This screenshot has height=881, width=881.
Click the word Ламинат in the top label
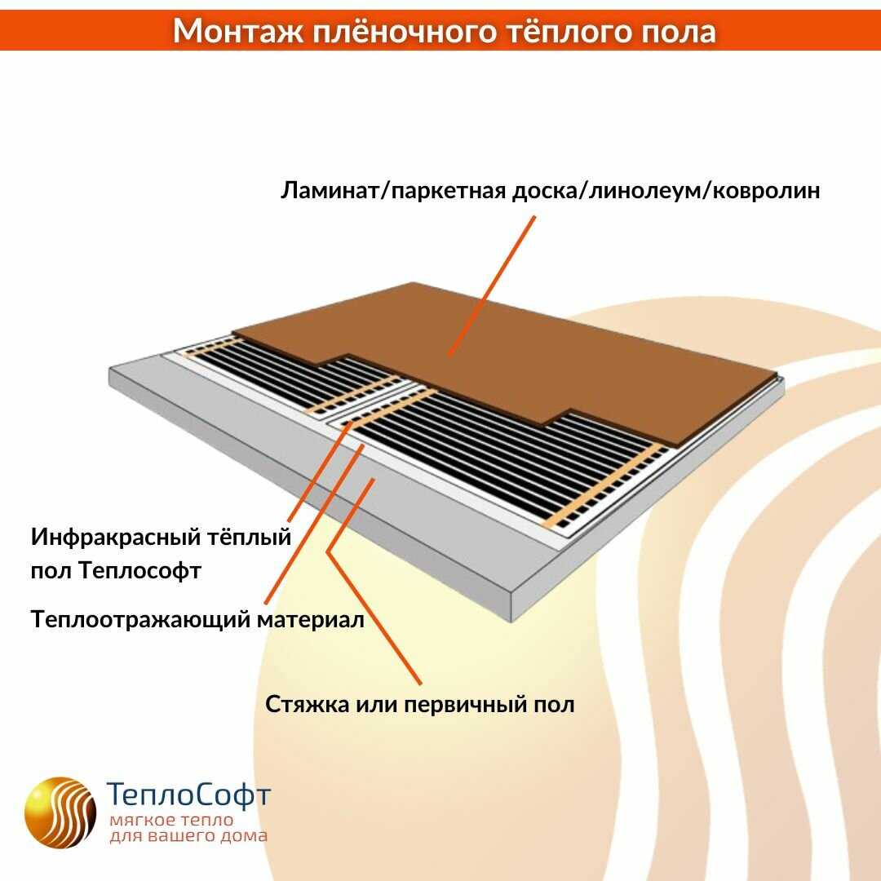(330, 191)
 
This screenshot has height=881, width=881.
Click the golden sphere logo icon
(60, 812)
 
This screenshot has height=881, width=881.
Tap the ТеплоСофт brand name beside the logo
(189, 795)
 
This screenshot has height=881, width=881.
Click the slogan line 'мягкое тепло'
(171, 820)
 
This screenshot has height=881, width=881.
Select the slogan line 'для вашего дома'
(188, 837)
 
